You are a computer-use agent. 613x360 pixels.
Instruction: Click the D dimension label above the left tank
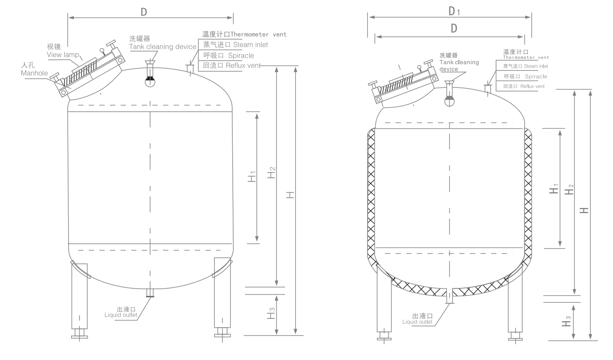(144, 12)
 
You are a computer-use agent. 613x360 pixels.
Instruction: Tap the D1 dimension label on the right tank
(454, 11)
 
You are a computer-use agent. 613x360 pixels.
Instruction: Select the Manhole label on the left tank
(34, 73)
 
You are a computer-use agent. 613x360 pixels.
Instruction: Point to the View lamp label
(63, 55)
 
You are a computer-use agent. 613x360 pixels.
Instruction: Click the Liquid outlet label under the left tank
(121, 315)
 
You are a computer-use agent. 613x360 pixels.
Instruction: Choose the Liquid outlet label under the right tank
(417, 322)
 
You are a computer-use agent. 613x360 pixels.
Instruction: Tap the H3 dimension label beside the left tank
(271, 313)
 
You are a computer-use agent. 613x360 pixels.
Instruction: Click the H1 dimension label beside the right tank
(554, 189)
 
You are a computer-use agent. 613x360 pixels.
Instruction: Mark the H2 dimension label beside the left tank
(271, 173)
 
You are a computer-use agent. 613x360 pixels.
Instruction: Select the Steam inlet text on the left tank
(251, 45)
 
